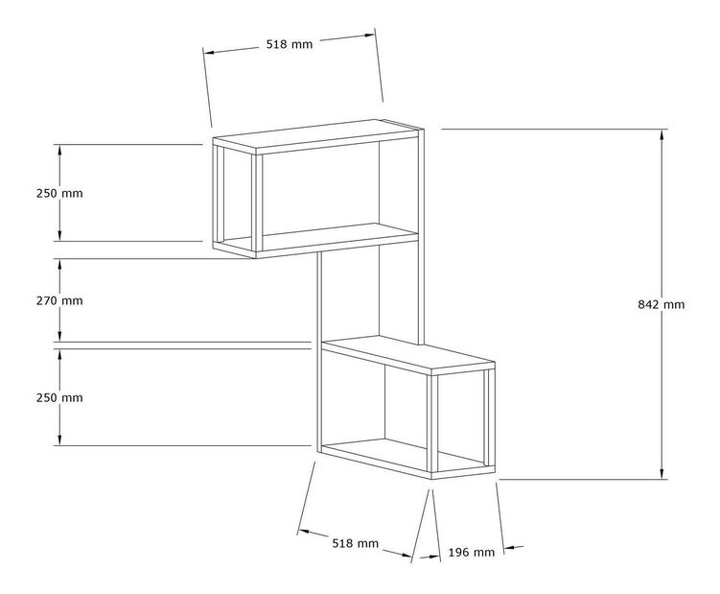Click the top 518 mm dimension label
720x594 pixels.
(290, 44)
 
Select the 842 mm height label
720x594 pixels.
(662, 304)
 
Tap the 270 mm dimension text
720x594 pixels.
(59, 300)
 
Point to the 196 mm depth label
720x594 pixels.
(472, 552)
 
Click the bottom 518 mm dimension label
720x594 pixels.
(356, 543)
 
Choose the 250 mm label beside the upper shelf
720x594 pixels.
(59, 193)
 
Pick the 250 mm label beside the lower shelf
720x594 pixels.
(59, 397)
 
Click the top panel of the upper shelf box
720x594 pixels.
(316, 136)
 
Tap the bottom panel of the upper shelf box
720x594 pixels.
(316, 240)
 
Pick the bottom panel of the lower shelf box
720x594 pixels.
(408, 459)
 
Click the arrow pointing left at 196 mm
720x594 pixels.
(514, 548)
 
